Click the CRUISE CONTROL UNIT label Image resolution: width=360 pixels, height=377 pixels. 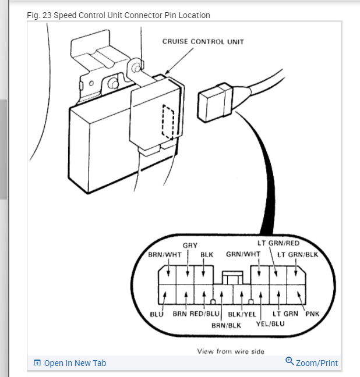tap(203, 42)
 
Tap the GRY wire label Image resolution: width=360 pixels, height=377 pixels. tap(190, 246)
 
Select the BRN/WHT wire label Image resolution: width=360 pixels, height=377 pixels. tap(165, 255)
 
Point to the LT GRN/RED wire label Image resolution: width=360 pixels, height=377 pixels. tap(278, 243)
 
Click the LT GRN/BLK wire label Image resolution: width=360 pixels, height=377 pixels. tap(297, 254)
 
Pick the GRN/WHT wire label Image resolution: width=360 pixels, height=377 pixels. tap(243, 254)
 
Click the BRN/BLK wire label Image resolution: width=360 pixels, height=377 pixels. tap(226, 325)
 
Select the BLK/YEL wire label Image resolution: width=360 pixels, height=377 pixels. tap(242, 314)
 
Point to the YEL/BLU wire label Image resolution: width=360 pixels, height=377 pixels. tap(270, 323)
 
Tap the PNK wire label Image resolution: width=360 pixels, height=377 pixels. tap(312, 314)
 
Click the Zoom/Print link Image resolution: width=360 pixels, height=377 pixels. tap(316, 363)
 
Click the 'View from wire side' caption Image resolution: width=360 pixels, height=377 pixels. tap(231, 351)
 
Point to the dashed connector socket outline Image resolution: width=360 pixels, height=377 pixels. tap(168, 122)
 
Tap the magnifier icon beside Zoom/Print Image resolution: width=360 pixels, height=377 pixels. tap(290, 361)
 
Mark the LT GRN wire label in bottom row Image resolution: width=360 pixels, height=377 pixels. tap(285, 314)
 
